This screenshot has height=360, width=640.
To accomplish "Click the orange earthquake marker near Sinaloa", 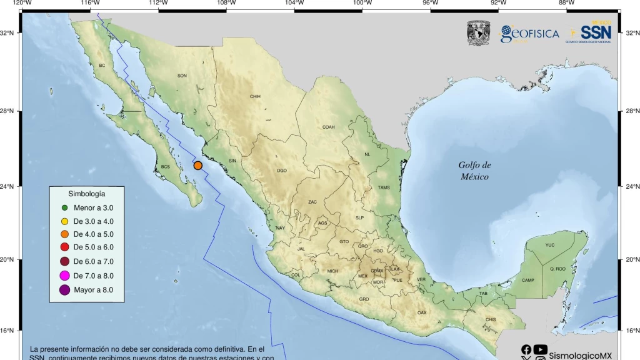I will click(x=197, y=166).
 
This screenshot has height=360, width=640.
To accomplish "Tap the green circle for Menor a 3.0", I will click(x=64, y=207).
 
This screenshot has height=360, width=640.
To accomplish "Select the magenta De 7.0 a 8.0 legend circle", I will click(x=64, y=276).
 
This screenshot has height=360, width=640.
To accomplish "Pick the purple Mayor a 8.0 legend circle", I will click(x=64, y=289).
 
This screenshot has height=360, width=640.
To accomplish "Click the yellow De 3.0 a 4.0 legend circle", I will click(x=64, y=221).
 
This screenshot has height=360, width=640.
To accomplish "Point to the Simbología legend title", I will click(x=86, y=194).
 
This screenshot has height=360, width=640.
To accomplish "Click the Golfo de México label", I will click(x=474, y=171).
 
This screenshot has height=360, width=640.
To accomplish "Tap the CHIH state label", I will click(x=255, y=97).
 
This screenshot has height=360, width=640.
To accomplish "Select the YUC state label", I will click(x=549, y=245).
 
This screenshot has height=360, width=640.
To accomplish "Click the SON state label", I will click(x=182, y=76).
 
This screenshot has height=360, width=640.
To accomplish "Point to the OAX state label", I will click(x=422, y=312).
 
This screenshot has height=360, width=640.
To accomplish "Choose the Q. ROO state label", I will click(x=557, y=269).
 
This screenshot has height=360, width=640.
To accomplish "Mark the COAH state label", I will click(x=329, y=127).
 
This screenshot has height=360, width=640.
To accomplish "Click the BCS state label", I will click(x=165, y=167).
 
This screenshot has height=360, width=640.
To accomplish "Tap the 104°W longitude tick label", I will click(x=294, y=3).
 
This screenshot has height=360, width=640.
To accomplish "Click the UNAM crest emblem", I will click(x=479, y=34).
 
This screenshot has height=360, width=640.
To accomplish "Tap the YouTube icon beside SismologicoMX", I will click(x=541, y=350).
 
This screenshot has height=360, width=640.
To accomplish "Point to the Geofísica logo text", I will click(x=529, y=34).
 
